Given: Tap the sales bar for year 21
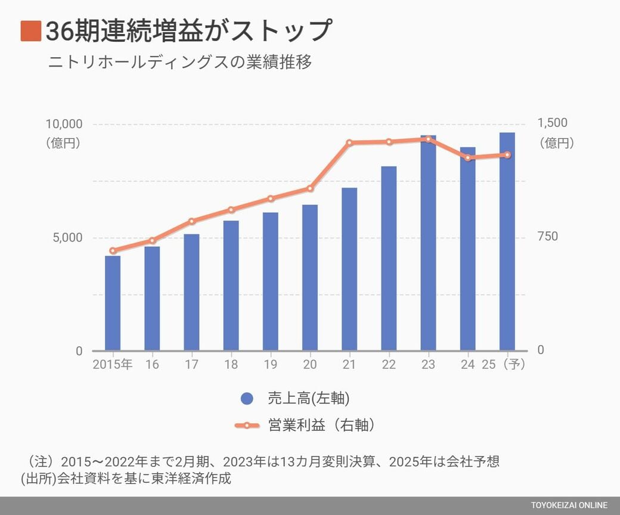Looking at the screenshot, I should point(349,269).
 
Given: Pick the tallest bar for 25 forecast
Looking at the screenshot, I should point(507,241).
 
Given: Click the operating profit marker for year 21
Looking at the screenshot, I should point(349,143).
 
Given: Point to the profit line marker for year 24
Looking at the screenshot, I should point(468,158).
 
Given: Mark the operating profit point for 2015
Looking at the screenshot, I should point(113,251).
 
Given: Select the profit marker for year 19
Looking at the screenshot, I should point(270,198).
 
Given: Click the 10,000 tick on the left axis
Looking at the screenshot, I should point(63,124).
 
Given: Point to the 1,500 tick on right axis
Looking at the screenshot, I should point(553,123).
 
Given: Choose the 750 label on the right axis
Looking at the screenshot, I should point(548,237).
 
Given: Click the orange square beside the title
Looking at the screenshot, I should point(30,31).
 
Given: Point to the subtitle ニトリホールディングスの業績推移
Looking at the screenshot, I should point(179,62).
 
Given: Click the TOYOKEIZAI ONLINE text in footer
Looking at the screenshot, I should point(569,505).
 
